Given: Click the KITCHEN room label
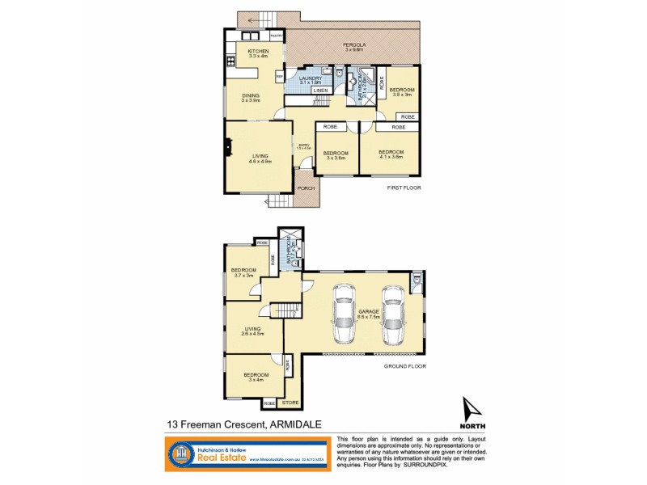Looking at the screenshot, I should (x=258, y=50).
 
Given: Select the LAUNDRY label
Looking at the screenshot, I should (x=310, y=78).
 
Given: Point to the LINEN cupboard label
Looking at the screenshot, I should (x=321, y=91).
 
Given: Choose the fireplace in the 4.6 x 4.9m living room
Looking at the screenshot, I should (x=229, y=148).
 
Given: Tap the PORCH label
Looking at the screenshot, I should (x=307, y=188).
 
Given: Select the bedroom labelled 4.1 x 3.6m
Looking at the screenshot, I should (x=391, y=153).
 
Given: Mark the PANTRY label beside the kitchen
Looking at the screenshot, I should (x=276, y=36).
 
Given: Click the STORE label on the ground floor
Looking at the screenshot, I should (x=290, y=401).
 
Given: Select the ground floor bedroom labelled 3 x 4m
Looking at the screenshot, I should (x=251, y=376).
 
